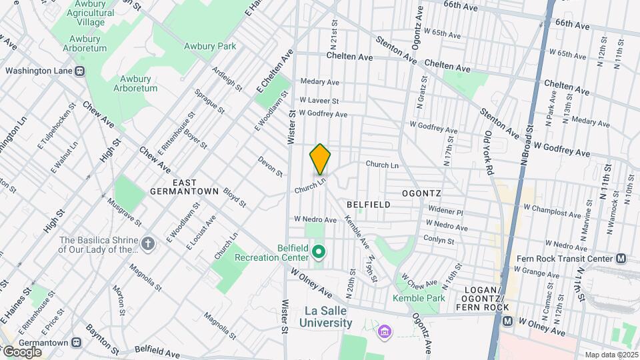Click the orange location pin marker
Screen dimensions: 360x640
point(320,159)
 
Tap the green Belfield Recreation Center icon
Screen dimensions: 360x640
point(319,251)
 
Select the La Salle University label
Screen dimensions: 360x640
point(328,317)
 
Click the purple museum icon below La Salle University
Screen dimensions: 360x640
point(383,331)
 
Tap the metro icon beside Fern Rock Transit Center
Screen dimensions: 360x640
point(621,259)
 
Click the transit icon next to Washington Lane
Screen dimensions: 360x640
point(79,70)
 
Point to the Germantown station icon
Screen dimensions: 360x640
point(77,342)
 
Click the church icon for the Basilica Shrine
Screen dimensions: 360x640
point(148,244)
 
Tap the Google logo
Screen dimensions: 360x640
point(21,351)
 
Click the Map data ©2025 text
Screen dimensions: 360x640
point(611,355)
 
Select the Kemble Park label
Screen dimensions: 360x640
point(419,298)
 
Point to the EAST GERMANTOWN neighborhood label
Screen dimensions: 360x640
point(185,186)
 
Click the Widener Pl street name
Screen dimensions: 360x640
point(445,211)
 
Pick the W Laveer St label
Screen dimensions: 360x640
point(319,101)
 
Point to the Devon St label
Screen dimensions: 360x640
point(271,167)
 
